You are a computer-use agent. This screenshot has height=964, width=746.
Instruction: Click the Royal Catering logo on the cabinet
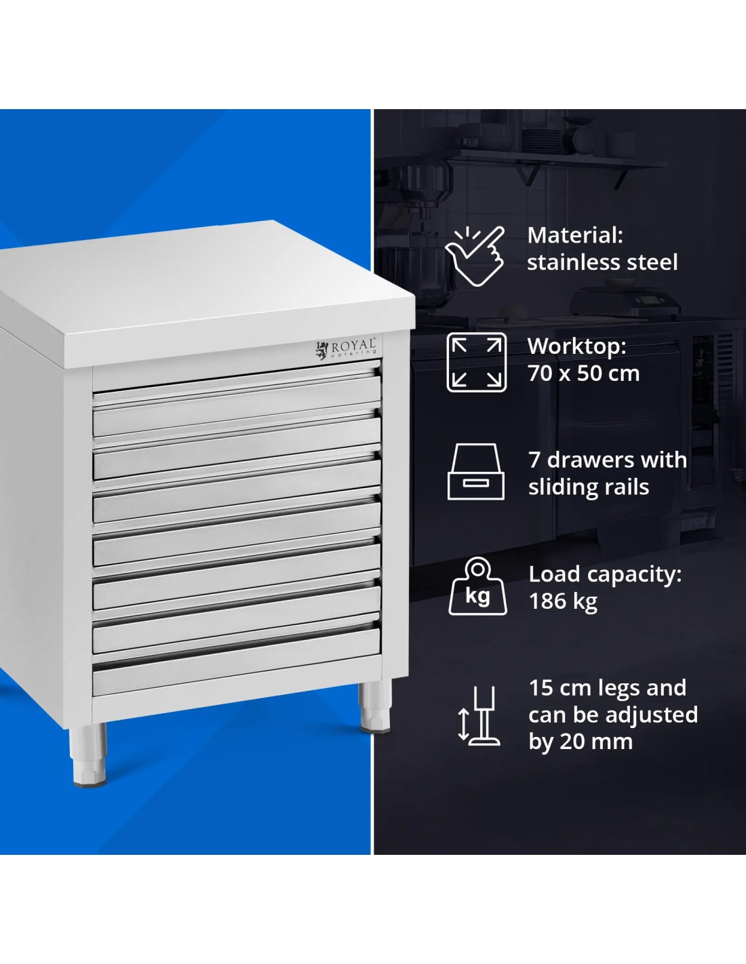[x=346, y=348]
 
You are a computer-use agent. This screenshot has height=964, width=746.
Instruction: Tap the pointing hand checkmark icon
[x=475, y=256]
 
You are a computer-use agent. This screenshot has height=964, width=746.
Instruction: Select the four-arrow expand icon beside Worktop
[x=476, y=362]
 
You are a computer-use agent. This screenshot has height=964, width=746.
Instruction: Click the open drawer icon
[x=475, y=472]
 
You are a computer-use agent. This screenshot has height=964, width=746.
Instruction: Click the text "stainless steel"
[x=602, y=262]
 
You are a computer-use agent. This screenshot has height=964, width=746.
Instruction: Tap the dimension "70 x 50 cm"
[x=583, y=373]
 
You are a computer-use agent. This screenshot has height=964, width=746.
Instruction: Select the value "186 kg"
[x=563, y=601]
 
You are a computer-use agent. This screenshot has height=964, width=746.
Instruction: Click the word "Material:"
[x=575, y=235]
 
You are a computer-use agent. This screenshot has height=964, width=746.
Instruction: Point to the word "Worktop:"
[x=576, y=346]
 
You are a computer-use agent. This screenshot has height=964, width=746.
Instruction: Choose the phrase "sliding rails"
[x=589, y=487]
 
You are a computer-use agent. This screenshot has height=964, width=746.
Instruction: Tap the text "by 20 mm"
[x=581, y=742]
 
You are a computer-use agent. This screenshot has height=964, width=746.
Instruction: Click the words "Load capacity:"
[x=605, y=574]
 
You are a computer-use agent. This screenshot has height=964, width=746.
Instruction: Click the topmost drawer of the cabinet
[x=237, y=405]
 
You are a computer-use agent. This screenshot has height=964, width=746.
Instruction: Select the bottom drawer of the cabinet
[x=237, y=662]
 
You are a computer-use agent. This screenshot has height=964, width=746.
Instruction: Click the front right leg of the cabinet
[x=376, y=706]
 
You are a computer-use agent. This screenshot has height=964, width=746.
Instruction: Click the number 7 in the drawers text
[x=534, y=460]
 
